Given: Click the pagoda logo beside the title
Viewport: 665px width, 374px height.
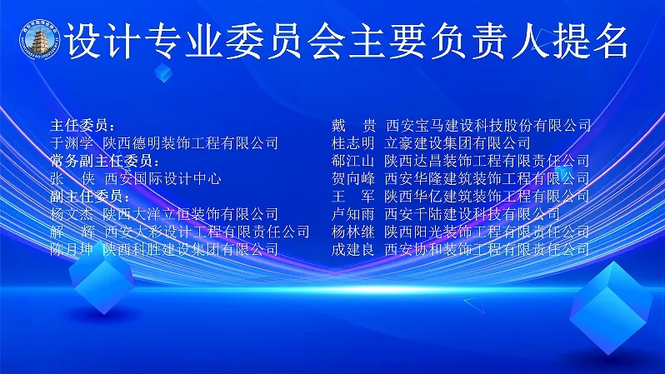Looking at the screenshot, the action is [x=40, y=39].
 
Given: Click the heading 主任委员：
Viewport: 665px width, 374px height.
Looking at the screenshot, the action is [x=82, y=126].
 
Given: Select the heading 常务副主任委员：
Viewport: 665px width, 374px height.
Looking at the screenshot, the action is [x=105, y=161].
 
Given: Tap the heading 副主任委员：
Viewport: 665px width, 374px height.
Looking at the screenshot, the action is [x=90, y=196].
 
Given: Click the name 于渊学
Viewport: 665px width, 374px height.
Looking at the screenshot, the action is [x=72, y=143].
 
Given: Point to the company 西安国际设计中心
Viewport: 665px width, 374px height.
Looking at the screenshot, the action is [x=162, y=178].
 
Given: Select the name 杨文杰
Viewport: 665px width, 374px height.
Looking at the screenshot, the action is [x=72, y=214].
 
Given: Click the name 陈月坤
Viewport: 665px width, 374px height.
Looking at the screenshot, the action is [x=72, y=249].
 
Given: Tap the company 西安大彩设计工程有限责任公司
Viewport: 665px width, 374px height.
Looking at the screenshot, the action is [x=207, y=232].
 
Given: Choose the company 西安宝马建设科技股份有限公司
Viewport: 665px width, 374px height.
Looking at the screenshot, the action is [x=488, y=126].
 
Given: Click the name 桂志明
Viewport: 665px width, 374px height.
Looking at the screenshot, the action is [x=352, y=143].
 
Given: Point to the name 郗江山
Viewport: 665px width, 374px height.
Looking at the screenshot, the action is [x=352, y=161].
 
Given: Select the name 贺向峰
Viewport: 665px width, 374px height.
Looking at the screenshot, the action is [x=352, y=178].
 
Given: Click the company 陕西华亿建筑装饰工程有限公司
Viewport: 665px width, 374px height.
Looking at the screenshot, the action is [x=487, y=196].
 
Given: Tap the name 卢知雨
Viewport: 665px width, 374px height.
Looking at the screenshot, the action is [x=352, y=214].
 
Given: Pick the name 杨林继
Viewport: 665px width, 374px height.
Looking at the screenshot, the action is [x=352, y=232].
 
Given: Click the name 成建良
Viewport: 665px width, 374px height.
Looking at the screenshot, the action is [x=352, y=249].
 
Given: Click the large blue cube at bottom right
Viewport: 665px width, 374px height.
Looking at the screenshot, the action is [x=611, y=308].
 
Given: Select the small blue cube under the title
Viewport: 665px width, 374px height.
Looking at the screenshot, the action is [x=163, y=73].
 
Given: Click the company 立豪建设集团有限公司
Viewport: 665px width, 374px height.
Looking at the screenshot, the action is [x=457, y=143].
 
